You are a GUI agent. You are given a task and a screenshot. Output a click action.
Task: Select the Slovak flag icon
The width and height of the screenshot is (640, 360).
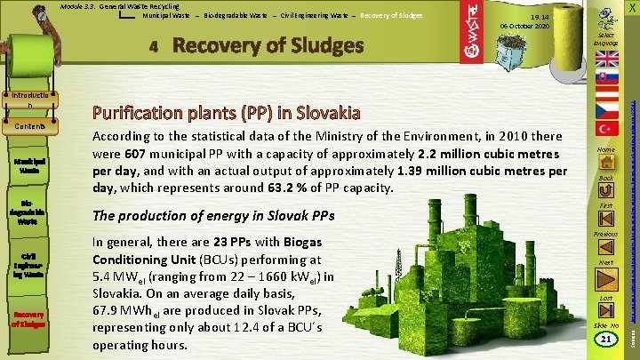coord(608,85)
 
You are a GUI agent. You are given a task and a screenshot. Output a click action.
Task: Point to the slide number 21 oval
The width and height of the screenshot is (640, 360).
coord(608,340)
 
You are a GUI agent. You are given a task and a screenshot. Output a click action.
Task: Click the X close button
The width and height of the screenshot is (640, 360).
coord(630,8)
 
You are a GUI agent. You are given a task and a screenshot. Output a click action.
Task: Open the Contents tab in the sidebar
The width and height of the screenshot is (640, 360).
coord(31,127)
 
